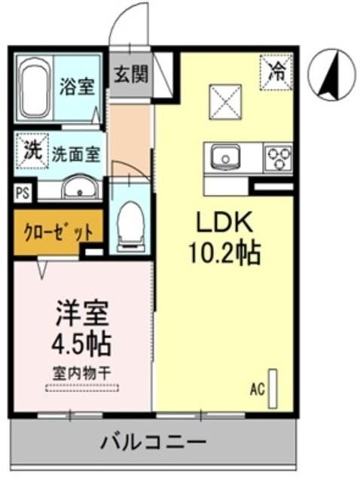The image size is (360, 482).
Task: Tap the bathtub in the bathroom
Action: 35,87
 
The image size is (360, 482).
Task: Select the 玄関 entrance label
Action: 130,74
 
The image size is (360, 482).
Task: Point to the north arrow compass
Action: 332,75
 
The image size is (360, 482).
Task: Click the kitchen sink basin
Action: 224,157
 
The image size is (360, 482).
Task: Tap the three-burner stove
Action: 276,159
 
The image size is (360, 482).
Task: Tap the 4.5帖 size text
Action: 81,344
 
